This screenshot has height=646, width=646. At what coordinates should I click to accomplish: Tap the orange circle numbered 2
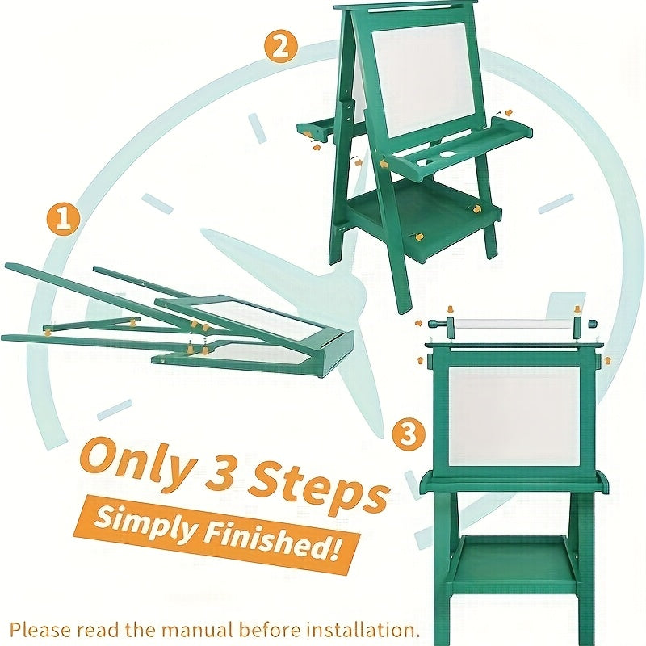(280, 46)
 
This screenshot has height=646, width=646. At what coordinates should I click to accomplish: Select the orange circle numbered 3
(409, 435)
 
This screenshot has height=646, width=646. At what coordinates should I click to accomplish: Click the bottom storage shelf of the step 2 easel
(420, 214)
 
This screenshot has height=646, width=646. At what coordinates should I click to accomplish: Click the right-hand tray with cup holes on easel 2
(460, 145)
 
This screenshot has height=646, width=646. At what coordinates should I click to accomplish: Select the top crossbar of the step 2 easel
(404, 10)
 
